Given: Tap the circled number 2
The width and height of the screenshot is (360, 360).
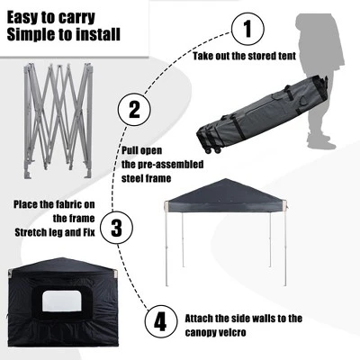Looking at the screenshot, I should pyautogui.click(x=134, y=111).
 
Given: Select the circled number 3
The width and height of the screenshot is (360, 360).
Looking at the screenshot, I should pyautogui.click(x=115, y=227).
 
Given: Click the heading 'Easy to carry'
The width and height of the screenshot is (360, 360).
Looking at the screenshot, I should pyautogui.click(x=50, y=14).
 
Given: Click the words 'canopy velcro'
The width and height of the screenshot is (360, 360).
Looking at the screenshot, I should pyautogui.click(x=201, y=331).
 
